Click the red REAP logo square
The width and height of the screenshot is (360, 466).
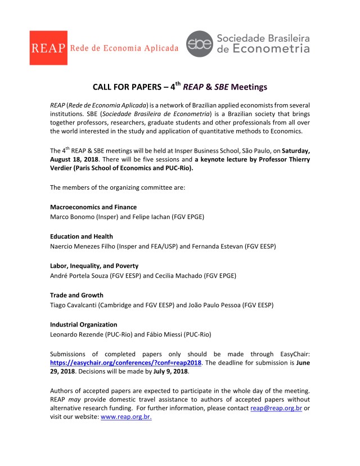click(49, 48)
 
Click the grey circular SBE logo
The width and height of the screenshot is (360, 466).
click(200, 44)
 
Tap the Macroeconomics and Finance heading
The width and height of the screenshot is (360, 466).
click(93, 207)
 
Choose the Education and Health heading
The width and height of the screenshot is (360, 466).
click(81, 236)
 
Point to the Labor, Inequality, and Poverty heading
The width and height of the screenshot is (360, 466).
click(94, 266)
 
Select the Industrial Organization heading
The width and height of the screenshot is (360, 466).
click(83, 324)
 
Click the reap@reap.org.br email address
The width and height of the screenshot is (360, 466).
click(276, 407)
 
